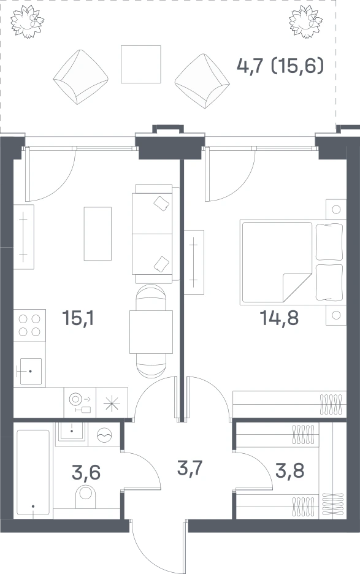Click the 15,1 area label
[x=78, y=318]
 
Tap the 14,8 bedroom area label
[x=279, y=318]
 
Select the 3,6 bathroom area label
[x=86, y=472]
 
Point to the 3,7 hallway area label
[x=190, y=468]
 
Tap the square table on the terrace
[x=141, y=64]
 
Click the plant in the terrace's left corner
[x=27, y=21]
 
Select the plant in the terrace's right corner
[x=306, y=21]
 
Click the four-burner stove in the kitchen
[x=29, y=326]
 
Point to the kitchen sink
[x=29, y=371]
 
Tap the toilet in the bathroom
[x=86, y=496]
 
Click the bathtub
[x=33, y=473]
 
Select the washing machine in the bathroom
[x=104, y=434]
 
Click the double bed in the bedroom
[x=293, y=262]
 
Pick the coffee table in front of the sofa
[x=98, y=234]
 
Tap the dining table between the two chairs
[x=151, y=332]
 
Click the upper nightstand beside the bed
[x=336, y=209]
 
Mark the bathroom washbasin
[x=72, y=432]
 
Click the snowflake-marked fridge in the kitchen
[x=112, y=403]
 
